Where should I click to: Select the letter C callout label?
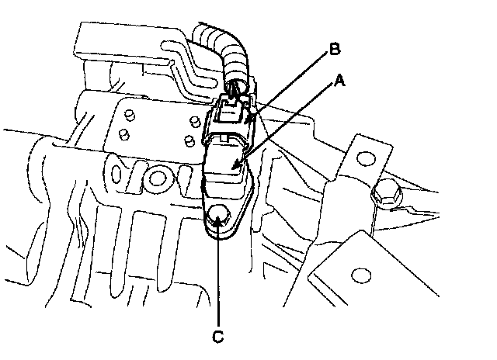point(219,337)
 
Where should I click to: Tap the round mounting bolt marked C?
point(219,215)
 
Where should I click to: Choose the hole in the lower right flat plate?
point(359,275)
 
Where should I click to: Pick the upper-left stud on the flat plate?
point(130,116)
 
